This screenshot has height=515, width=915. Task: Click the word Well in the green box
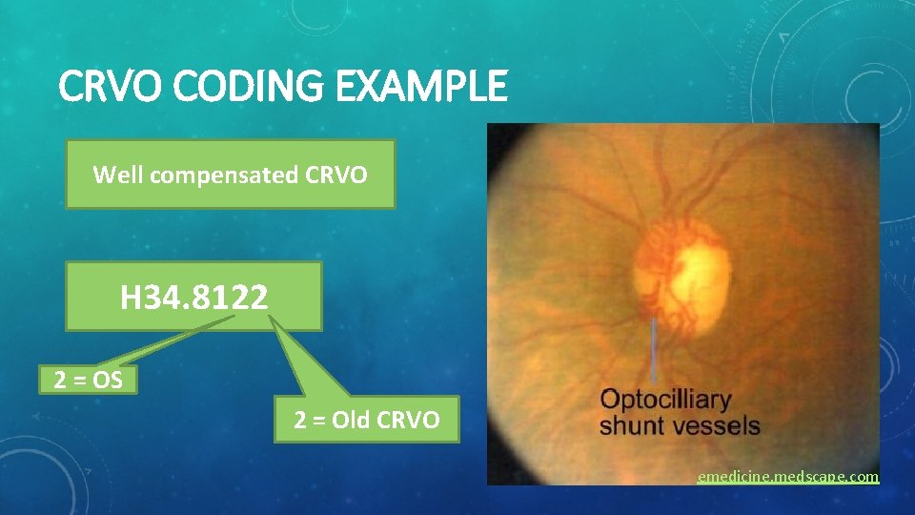coord(115,175)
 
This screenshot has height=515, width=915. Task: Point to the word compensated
coord(220,175)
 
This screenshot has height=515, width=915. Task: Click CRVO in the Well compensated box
coord(335,175)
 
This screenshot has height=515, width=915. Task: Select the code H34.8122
coord(194,298)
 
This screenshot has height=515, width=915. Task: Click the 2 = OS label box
coord(89,380)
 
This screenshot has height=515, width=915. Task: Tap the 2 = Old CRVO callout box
coord(367,420)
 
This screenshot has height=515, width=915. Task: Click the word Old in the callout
coord(355,420)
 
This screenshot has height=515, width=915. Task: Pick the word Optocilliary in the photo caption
coord(665,399)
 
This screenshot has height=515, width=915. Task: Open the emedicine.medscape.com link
coord(787,476)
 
